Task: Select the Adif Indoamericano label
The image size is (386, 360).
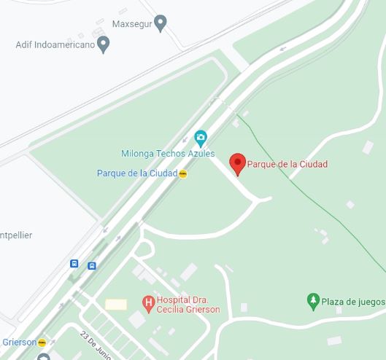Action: click(x=55, y=44)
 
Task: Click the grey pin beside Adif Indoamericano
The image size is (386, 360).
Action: click(x=104, y=44)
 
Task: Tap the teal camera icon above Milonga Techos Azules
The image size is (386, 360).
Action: click(x=201, y=136)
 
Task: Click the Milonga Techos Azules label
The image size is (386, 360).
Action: click(x=163, y=153)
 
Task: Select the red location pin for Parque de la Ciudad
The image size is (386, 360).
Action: click(x=237, y=163)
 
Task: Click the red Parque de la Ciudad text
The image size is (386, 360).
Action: click(x=286, y=164)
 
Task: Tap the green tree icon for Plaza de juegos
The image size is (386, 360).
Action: click(x=312, y=300)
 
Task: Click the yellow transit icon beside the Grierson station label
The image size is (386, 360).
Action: click(x=42, y=343)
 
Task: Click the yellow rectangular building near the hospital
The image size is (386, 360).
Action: click(x=116, y=304)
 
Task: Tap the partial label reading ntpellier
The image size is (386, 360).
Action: click(x=16, y=235)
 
